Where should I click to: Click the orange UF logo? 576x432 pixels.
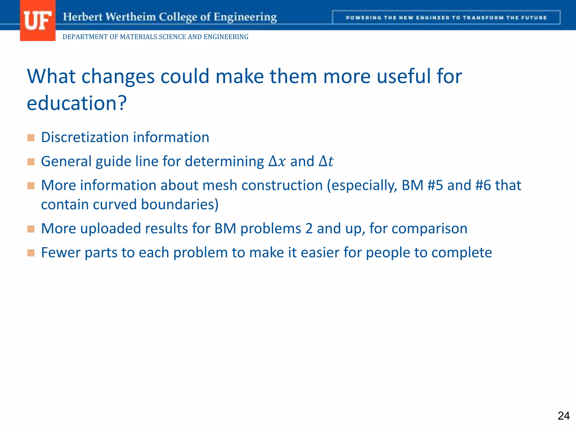pyautogui.click(x=37, y=21)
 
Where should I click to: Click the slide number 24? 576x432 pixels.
pyautogui.click(x=563, y=416)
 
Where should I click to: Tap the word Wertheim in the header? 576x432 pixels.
pyautogui.click(x=130, y=17)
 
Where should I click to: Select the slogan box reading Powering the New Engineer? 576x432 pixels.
pyautogui.click(x=446, y=18)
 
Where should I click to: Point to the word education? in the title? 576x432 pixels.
pyautogui.click(x=77, y=103)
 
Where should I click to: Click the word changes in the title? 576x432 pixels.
pyautogui.click(x=118, y=76)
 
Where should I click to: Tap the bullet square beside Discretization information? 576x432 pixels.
pyautogui.click(x=31, y=138)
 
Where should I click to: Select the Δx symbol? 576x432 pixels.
pyautogui.click(x=277, y=161)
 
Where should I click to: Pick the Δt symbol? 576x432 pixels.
pyautogui.click(x=326, y=161)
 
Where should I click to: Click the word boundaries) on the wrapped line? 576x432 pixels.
pyautogui.click(x=179, y=204)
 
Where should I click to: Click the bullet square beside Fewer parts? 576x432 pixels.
pyautogui.click(x=31, y=253)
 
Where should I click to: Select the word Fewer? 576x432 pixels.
pyautogui.click(x=60, y=253)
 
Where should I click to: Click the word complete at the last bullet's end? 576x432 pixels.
pyautogui.click(x=462, y=253)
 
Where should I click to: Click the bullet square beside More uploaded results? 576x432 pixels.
pyautogui.click(x=31, y=229)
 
